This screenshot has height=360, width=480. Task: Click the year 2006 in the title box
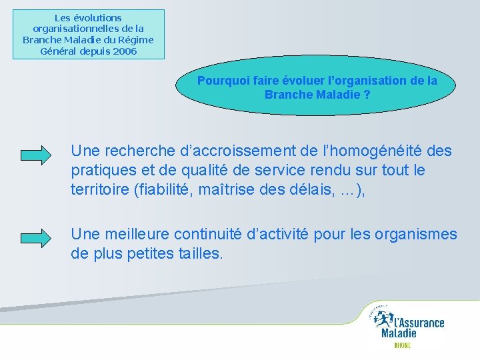click(x=125, y=51)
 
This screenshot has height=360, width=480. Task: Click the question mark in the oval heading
click(x=367, y=94)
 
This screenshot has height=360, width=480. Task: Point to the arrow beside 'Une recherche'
click(x=36, y=155)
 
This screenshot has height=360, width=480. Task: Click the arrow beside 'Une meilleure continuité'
click(x=36, y=238)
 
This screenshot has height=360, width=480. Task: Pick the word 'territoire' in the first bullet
click(x=100, y=189)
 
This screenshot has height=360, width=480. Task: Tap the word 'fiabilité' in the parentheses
click(x=163, y=189)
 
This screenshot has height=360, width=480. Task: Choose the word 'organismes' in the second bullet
click(x=416, y=235)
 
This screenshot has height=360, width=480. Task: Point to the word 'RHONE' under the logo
click(x=402, y=345)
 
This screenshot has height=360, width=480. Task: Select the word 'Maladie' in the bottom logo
click(x=399, y=333)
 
